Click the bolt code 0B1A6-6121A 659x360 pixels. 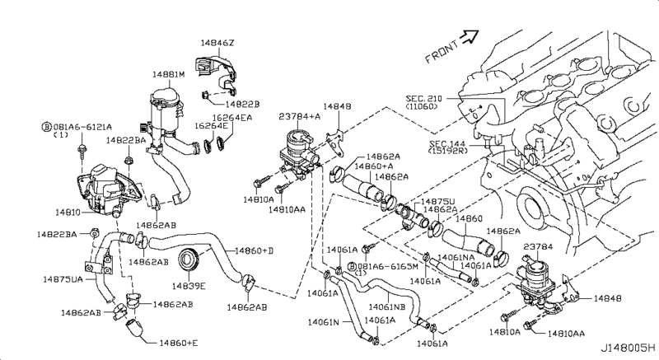pyautogui.click(x=79, y=128)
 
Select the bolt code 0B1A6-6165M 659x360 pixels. pyautogui.click(x=386, y=267)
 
